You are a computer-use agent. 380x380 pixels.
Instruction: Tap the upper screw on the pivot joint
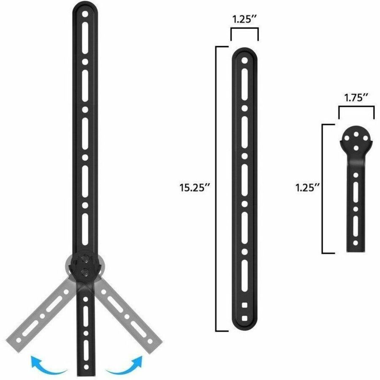tap(85, 258)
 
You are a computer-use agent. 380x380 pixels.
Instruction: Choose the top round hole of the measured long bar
tap(244, 60)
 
